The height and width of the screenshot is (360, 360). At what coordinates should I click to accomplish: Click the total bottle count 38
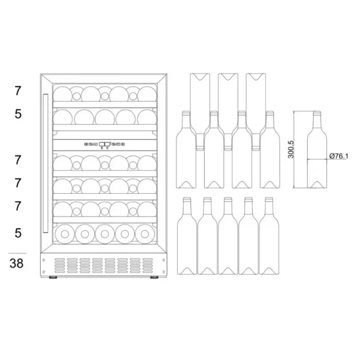tap(17, 263)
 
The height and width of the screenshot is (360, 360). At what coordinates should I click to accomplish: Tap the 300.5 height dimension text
tap(291, 149)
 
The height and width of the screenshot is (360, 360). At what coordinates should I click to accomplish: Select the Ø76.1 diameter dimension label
tap(338, 156)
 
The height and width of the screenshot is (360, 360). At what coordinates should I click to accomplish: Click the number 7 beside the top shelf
tap(18, 91)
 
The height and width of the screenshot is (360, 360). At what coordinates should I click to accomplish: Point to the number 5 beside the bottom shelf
tap(18, 233)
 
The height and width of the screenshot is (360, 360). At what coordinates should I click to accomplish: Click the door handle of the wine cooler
tap(46, 163)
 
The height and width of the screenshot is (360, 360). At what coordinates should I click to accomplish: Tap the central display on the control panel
tap(104, 144)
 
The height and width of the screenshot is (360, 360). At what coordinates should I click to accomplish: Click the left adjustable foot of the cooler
tap(53, 277)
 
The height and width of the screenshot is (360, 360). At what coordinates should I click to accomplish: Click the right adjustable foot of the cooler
tap(154, 277)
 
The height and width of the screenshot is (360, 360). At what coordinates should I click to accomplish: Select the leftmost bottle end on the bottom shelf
tap(65, 234)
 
